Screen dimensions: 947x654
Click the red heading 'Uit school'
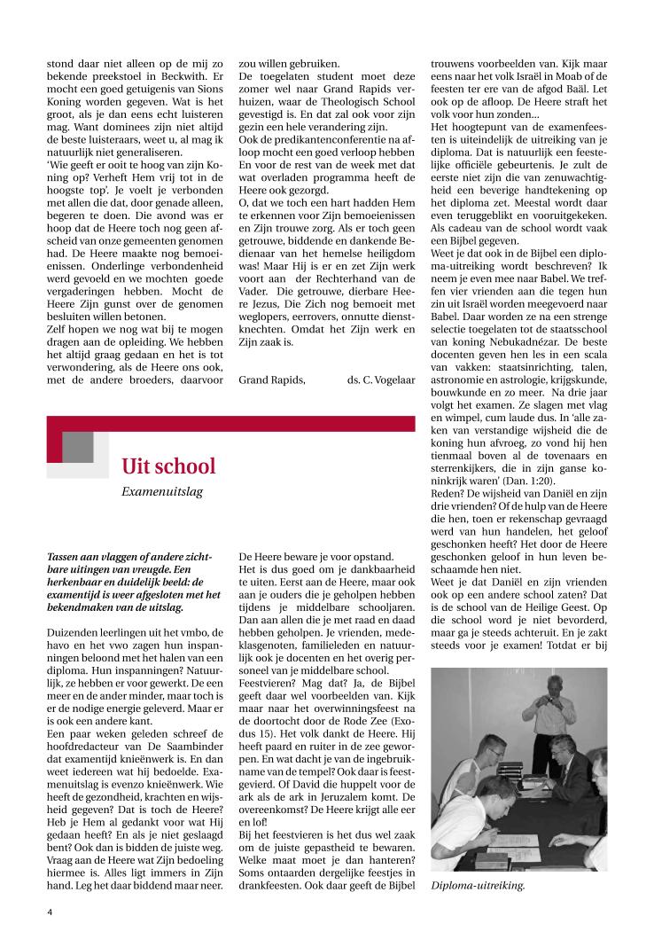pos(168,466)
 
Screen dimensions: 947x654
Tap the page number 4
pos(50,910)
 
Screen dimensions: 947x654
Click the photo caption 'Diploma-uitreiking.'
pos(478,884)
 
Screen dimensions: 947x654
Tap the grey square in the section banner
pos(78,447)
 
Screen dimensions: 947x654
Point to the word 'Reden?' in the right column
pos(449,494)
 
